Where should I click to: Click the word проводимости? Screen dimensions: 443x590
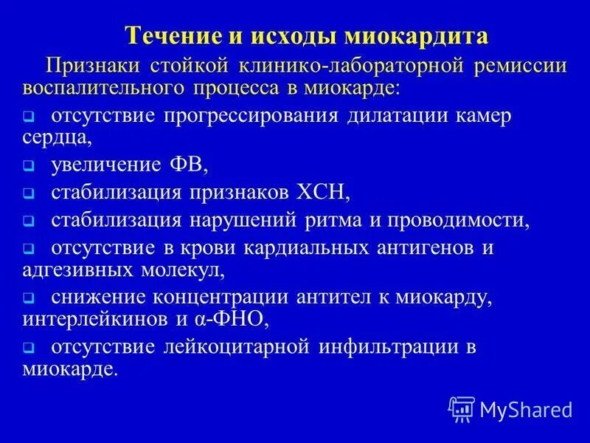click(x=462, y=219)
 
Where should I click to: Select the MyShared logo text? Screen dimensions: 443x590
click(x=525, y=408)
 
